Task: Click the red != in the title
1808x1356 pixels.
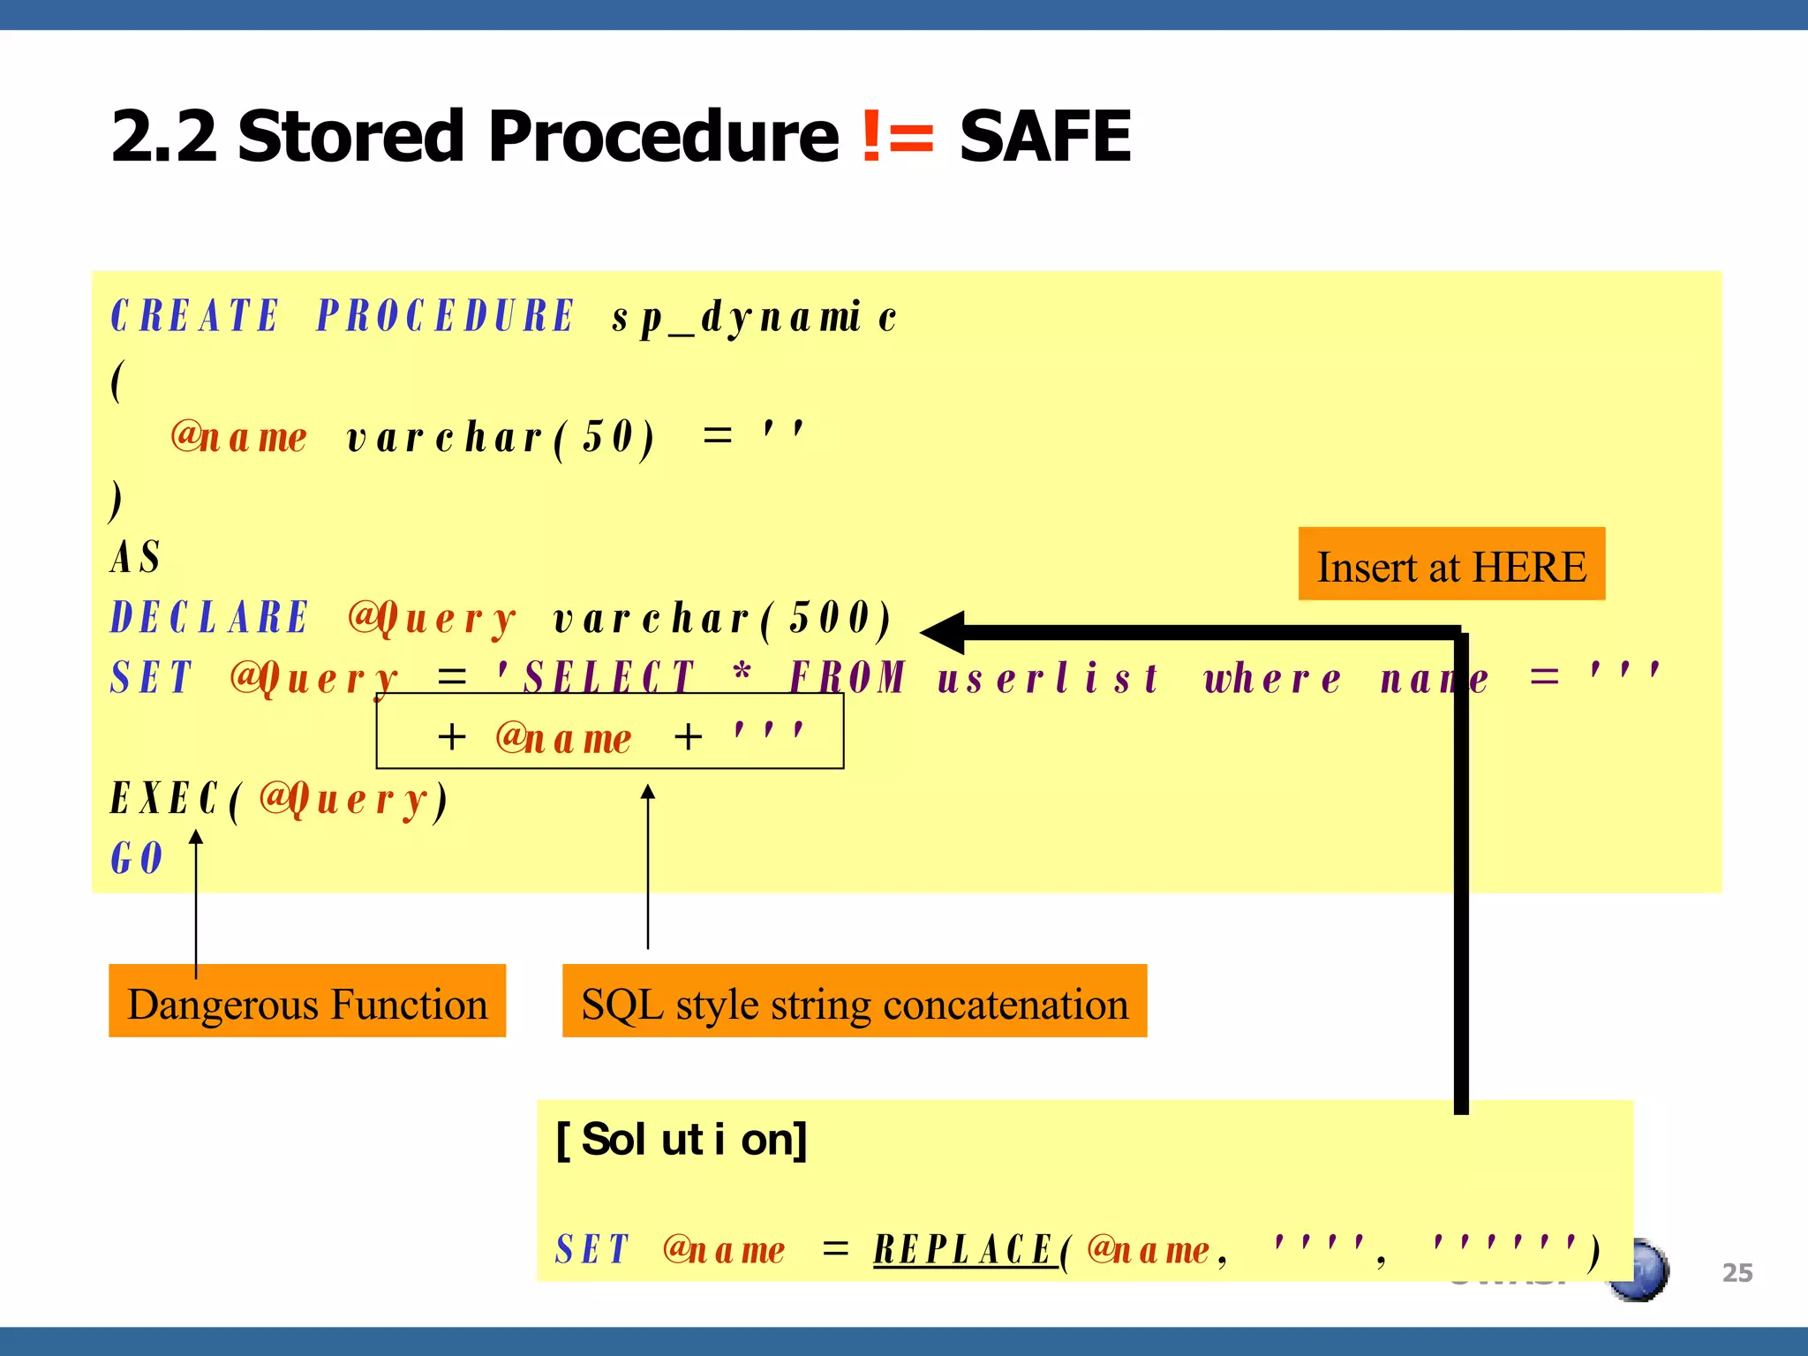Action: [x=897, y=137]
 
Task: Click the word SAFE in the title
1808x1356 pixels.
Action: [x=1044, y=137]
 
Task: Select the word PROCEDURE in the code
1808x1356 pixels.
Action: [x=446, y=316]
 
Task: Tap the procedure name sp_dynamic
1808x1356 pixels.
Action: [x=755, y=318]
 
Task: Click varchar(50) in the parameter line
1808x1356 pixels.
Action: [x=501, y=438]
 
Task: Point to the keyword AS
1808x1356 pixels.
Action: [x=135, y=557]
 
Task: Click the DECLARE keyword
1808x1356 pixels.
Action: [x=209, y=617]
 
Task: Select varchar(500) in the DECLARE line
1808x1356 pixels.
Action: [x=722, y=618]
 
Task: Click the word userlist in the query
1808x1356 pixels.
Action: [x=1048, y=679]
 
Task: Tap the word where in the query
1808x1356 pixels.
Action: [x=1272, y=679]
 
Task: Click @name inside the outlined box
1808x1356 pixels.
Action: [x=563, y=738]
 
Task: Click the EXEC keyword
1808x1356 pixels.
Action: [x=164, y=799]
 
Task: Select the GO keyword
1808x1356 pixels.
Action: [x=137, y=858]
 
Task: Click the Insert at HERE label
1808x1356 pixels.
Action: [x=1451, y=565]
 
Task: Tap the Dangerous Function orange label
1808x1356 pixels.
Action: [x=307, y=1002]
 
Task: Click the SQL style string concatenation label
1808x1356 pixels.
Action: [x=855, y=1002]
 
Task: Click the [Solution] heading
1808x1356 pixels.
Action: [x=681, y=1140]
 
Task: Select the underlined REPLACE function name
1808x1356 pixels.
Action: [x=964, y=1249]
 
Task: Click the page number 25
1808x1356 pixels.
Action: [x=1736, y=1272]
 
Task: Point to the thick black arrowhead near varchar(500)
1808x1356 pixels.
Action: [x=943, y=632]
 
